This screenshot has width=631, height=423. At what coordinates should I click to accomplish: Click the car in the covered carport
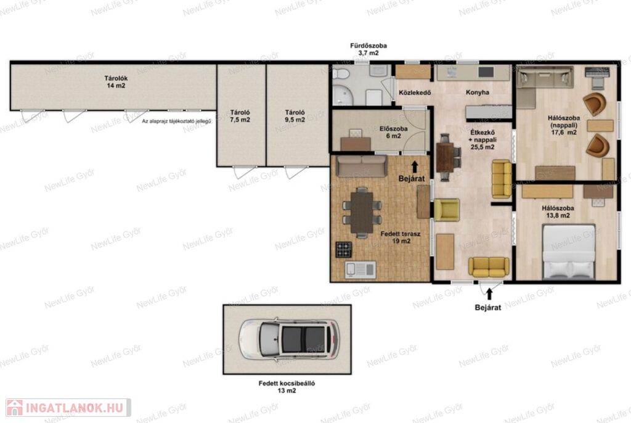coord(290,339)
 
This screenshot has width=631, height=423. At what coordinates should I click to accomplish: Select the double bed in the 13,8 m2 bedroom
coord(569,252)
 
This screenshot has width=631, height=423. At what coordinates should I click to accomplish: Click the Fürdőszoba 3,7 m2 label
coord(368,49)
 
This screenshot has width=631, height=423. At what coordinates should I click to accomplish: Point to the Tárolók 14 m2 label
coord(116,82)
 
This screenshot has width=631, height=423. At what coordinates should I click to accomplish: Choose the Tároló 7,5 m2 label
coord(240,116)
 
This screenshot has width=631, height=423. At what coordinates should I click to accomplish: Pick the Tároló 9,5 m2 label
coord(295,116)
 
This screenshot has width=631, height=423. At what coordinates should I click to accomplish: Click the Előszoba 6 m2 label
coord(394,132)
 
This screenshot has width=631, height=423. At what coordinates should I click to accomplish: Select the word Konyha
coord(478,92)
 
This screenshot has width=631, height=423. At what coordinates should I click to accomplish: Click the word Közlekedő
coord(415,92)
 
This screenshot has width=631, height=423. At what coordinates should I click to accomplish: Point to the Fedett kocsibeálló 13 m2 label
coord(287,387)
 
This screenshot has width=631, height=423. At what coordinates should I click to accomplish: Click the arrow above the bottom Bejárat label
coord(489,294)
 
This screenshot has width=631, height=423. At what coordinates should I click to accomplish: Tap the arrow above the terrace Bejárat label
coord(415,166)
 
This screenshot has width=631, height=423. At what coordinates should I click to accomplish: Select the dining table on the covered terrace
coord(362,212)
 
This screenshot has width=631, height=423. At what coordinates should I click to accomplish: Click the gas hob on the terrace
coord(344,250)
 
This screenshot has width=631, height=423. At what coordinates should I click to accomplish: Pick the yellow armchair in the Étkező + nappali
coord(446,210)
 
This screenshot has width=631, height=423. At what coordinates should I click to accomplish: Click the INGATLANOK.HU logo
coord(68,408)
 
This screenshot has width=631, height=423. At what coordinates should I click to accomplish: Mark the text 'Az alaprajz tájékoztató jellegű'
coord(177,121)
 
